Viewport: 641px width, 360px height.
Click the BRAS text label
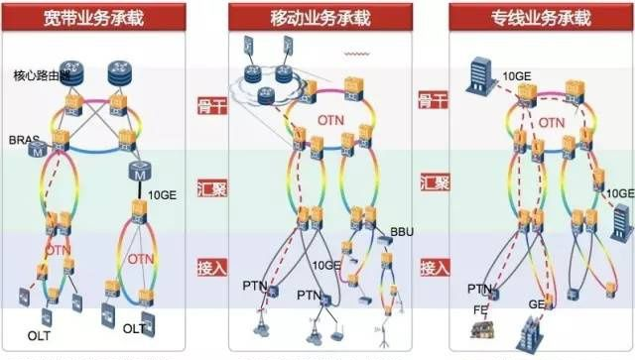22,139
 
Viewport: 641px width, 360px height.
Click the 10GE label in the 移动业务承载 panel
325,265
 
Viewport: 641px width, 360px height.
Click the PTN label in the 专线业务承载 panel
478,289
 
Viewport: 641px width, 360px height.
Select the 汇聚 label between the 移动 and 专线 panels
433,183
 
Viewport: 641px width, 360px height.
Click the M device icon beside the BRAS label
38,152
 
